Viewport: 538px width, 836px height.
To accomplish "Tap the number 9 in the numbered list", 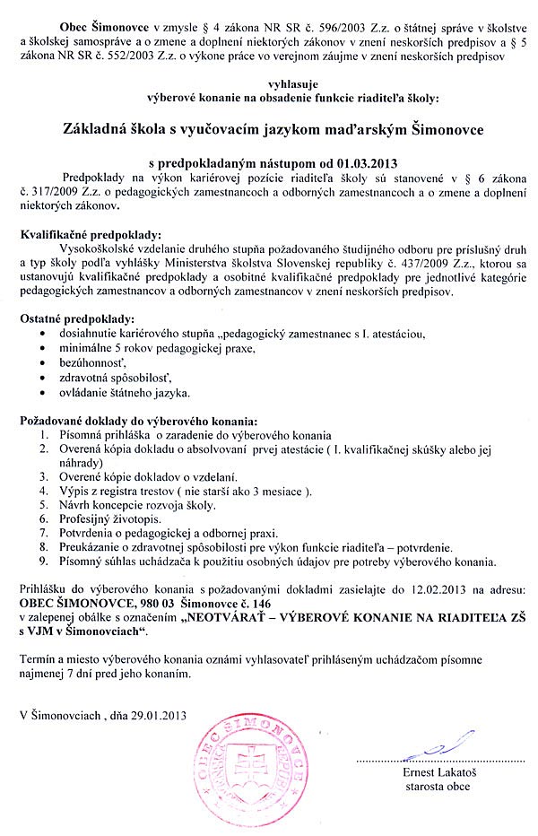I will pyautogui.click(x=45, y=561).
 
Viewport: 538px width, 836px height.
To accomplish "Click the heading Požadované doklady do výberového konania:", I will pyautogui.click(x=141, y=420).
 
